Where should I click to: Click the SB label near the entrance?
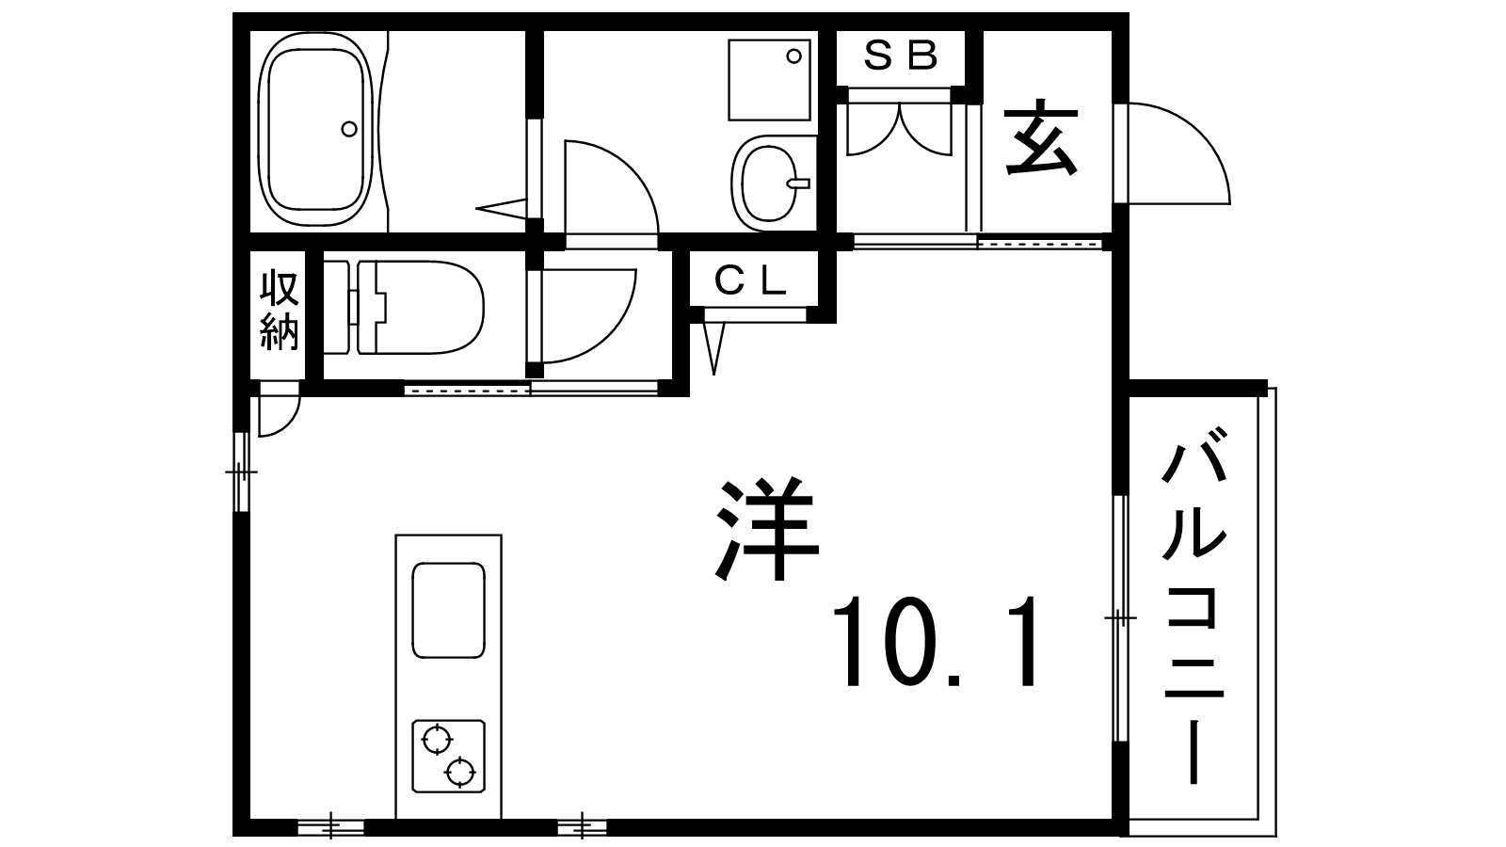point(900,56)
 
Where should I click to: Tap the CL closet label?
point(750,280)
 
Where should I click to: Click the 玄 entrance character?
point(1041,137)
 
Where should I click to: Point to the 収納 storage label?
point(279,310)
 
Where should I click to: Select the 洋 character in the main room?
point(767,528)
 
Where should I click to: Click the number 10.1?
point(935,641)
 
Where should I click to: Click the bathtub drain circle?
point(349,128)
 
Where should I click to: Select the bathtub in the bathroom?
point(314,129)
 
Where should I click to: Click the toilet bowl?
point(418,307)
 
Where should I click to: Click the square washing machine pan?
point(769,80)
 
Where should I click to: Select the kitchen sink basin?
point(448,610)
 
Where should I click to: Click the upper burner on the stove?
point(437,741)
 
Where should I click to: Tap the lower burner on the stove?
point(460,773)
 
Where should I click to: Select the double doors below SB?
point(900,129)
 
